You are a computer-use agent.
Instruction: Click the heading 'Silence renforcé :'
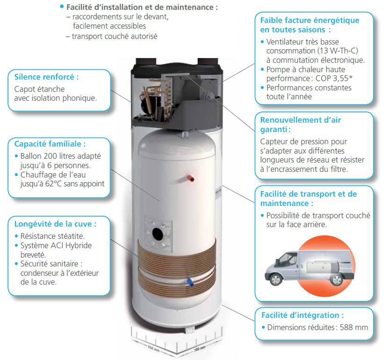[x=46, y=77]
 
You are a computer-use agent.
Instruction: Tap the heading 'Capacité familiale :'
[x=50, y=144]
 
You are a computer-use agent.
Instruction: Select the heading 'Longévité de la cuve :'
[x=55, y=224]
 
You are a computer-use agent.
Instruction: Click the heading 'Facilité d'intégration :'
[x=303, y=315]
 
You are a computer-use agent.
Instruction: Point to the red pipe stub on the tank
[x=191, y=178]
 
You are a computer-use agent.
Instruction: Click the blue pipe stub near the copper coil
[x=190, y=282]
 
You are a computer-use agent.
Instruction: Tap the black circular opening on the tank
[x=158, y=233]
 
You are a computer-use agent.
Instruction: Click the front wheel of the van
[x=276, y=279]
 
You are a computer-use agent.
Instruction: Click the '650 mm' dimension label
[x=154, y=348]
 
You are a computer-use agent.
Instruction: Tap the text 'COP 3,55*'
[x=334, y=79]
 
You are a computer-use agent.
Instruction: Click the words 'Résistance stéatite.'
[x=52, y=236]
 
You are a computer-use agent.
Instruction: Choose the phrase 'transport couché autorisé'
[x=115, y=37]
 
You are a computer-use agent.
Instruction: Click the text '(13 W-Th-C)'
[x=338, y=51]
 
